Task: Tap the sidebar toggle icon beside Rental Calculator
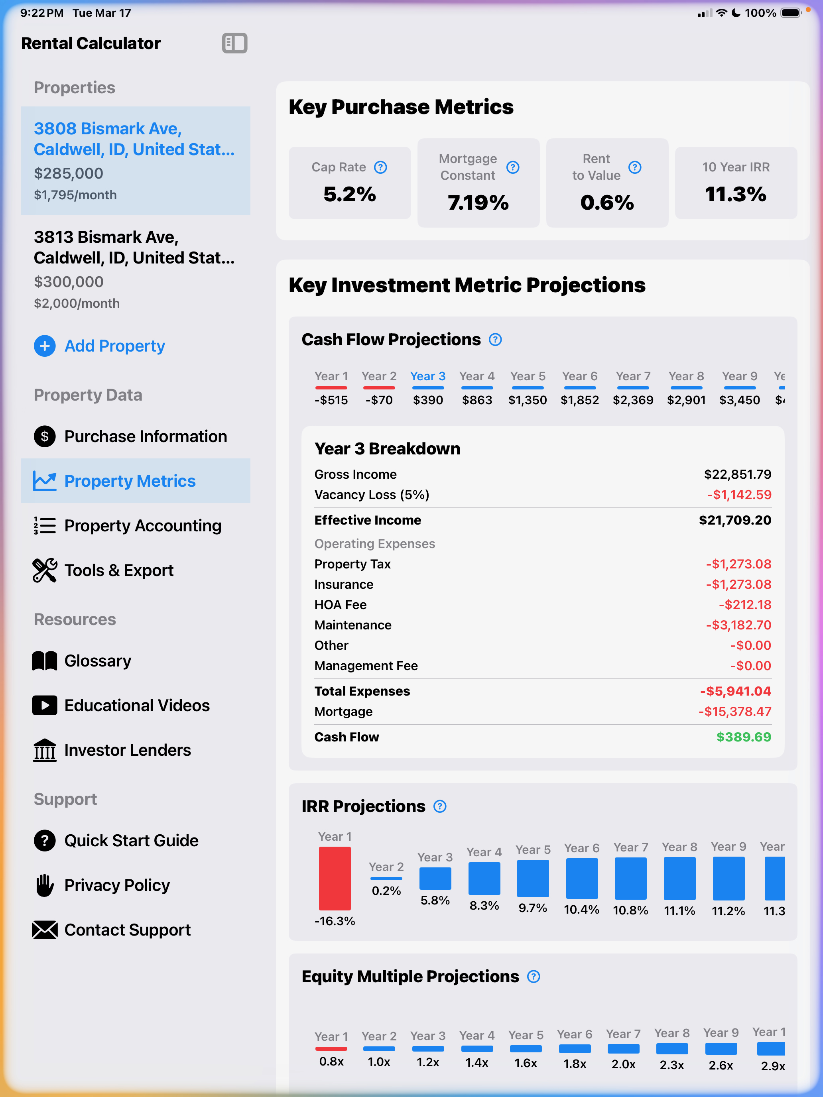pos(234,43)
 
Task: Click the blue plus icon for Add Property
pos(45,346)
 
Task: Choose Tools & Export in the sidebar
pos(119,570)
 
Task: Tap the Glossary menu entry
pos(98,661)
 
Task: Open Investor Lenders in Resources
pos(128,750)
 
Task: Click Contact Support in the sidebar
pos(128,930)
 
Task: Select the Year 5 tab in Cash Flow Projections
pos(528,377)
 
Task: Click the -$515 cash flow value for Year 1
pos(331,400)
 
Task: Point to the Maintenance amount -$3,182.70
pos(738,625)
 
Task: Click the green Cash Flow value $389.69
pos(743,737)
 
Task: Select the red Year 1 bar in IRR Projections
pos(335,878)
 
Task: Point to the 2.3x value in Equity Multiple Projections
pos(672,1065)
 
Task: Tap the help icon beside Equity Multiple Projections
pos(533,977)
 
